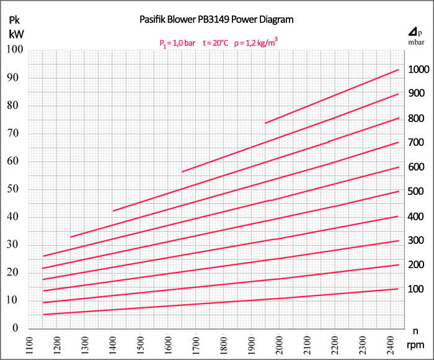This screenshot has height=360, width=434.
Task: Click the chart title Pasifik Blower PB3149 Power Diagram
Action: point(216,19)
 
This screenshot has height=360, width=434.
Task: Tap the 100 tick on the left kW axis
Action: point(14,50)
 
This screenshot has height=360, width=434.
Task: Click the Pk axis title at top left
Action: point(16,18)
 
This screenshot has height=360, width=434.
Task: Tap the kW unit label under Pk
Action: point(16,34)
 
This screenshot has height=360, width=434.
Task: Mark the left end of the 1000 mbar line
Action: point(265,123)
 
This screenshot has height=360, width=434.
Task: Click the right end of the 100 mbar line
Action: point(398,289)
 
